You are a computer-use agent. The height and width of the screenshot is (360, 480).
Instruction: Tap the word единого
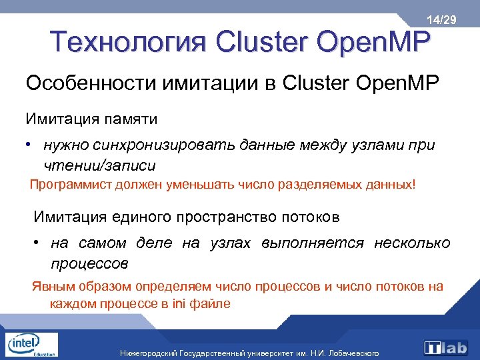pos(135,217)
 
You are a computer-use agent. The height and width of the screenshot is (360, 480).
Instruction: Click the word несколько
pos(413,243)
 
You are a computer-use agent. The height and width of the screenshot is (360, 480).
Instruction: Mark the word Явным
pos(51,287)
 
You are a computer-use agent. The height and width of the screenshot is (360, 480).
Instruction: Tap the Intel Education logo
pos(30,345)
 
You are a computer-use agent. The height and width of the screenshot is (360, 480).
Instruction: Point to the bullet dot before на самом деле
pos(40,243)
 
